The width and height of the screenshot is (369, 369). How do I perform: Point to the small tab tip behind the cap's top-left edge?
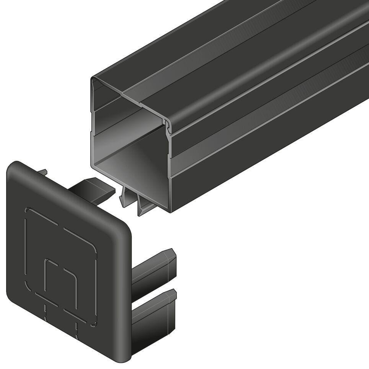tap(43, 173)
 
